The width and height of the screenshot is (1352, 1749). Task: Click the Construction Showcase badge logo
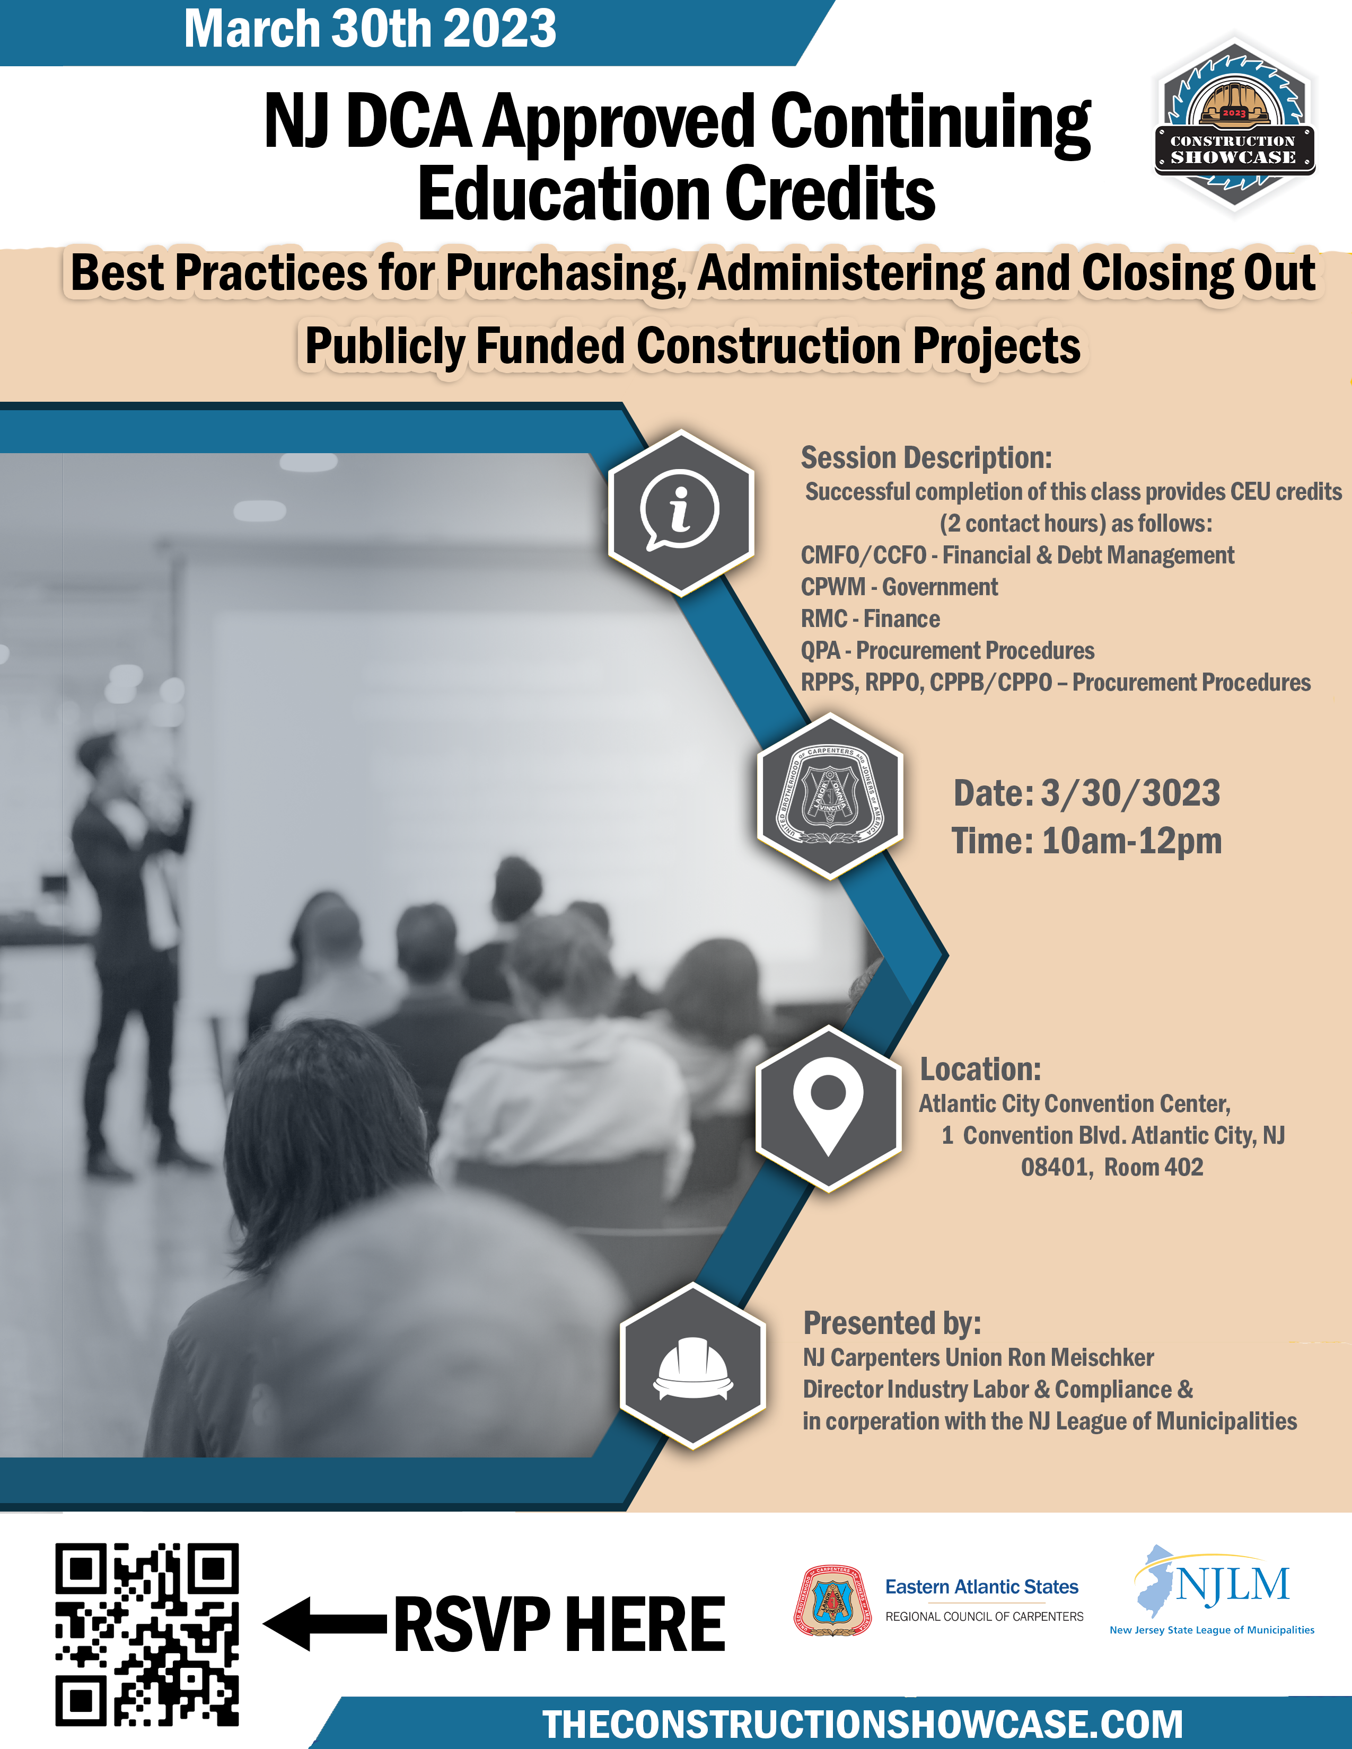[x=1234, y=124]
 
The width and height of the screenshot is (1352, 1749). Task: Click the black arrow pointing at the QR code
[x=325, y=1623]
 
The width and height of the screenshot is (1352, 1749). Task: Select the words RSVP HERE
[x=559, y=1624]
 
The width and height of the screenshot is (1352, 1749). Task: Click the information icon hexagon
[x=681, y=513]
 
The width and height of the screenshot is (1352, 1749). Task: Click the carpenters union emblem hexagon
[x=831, y=796]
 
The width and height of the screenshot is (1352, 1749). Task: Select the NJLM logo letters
[x=1232, y=1585]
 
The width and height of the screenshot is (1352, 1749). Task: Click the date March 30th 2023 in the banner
[x=370, y=28]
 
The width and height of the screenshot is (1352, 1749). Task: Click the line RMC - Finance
[x=871, y=618]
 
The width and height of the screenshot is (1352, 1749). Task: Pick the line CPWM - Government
[x=899, y=587]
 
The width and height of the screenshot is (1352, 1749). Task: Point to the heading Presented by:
[x=892, y=1323]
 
